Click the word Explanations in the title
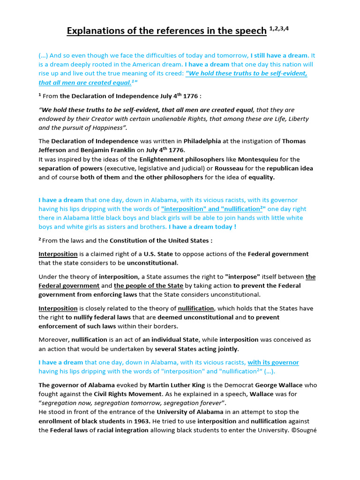coord(96,31)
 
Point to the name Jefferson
coord(53,150)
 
